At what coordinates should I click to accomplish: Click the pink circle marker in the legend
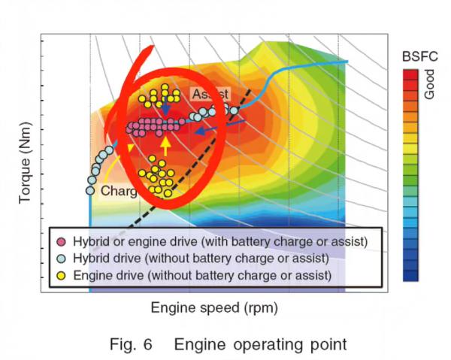pos(62,241)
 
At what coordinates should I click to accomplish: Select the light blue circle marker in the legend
pos(62,258)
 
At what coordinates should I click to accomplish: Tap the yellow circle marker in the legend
pos(62,275)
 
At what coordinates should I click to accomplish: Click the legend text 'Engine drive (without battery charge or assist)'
pos(201,275)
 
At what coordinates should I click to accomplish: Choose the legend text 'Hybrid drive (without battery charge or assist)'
pos(201,258)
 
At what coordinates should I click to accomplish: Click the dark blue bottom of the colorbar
pos(410,275)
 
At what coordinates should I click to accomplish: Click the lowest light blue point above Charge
pos(89,190)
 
